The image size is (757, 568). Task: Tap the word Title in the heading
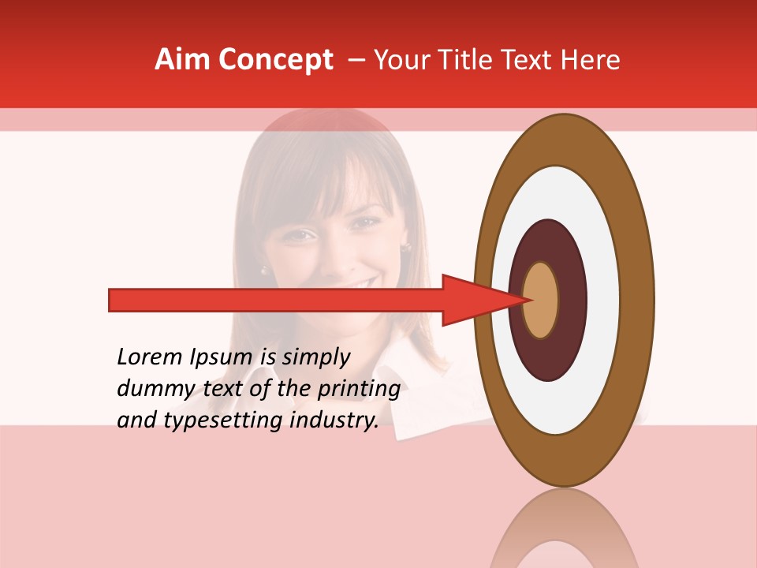[468, 60]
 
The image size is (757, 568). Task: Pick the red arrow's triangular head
[473, 301]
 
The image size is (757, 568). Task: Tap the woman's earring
[407, 248]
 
